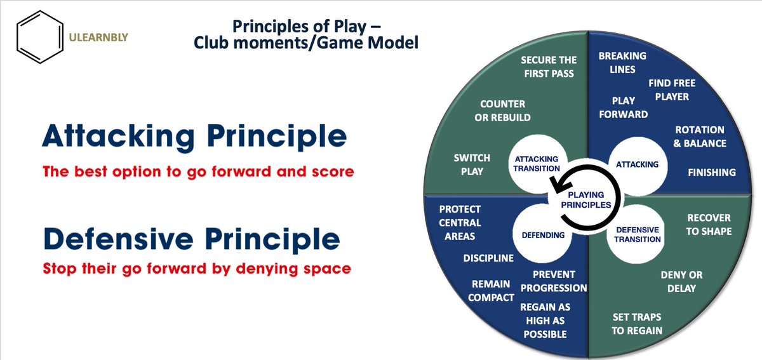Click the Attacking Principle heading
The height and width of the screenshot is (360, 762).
pyautogui.click(x=194, y=137)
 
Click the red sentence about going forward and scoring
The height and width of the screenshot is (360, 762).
pyautogui.click(x=198, y=171)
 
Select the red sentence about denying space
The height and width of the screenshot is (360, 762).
pyautogui.click(x=197, y=269)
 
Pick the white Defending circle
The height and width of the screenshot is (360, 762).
pyautogui.click(x=543, y=235)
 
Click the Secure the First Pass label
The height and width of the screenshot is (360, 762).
pyautogui.click(x=549, y=67)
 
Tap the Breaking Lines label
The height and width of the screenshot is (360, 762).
pyautogui.click(x=622, y=62)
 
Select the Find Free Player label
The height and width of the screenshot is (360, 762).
pyautogui.click(x=672, y=90)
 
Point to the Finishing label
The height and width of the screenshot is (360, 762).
pyautogui.click(x=712, y=172)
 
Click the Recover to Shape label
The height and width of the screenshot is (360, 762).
pyautogui.click(x=709, y=225)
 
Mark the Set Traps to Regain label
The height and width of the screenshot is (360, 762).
pyautogui.click(x=637, y=323)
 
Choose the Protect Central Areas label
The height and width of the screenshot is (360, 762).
pyautogui.click(x=460, y=222)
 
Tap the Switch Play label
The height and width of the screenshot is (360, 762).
pyautogui.click(x=469, y=164)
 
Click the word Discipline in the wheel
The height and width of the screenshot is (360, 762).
pyautogui.click(x=488, y=258)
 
